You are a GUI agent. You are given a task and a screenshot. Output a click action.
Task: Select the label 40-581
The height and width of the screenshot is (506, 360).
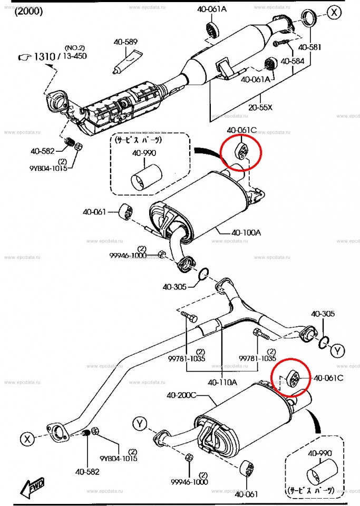[309, 47]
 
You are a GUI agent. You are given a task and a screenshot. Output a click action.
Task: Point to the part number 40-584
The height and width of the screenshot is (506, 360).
[293, 61]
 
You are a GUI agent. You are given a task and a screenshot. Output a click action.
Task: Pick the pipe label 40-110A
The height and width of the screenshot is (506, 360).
[222, 382]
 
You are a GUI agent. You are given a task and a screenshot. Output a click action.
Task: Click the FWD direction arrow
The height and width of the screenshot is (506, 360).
[32, 488]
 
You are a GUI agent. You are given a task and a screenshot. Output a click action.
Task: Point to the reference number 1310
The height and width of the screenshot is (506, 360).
[45, 56]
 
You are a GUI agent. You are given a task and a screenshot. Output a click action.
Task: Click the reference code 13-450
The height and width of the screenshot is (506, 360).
[74, 56]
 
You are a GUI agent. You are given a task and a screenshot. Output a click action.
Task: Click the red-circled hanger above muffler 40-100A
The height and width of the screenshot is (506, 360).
[241, 151]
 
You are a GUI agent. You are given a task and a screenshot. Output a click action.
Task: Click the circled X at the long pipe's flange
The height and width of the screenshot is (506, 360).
[27, 439]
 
